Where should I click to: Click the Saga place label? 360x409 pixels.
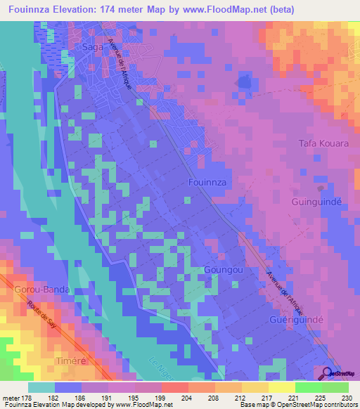point(94,46)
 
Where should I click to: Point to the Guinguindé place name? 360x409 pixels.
point(316,202)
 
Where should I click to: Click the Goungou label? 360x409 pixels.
point(221,269)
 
